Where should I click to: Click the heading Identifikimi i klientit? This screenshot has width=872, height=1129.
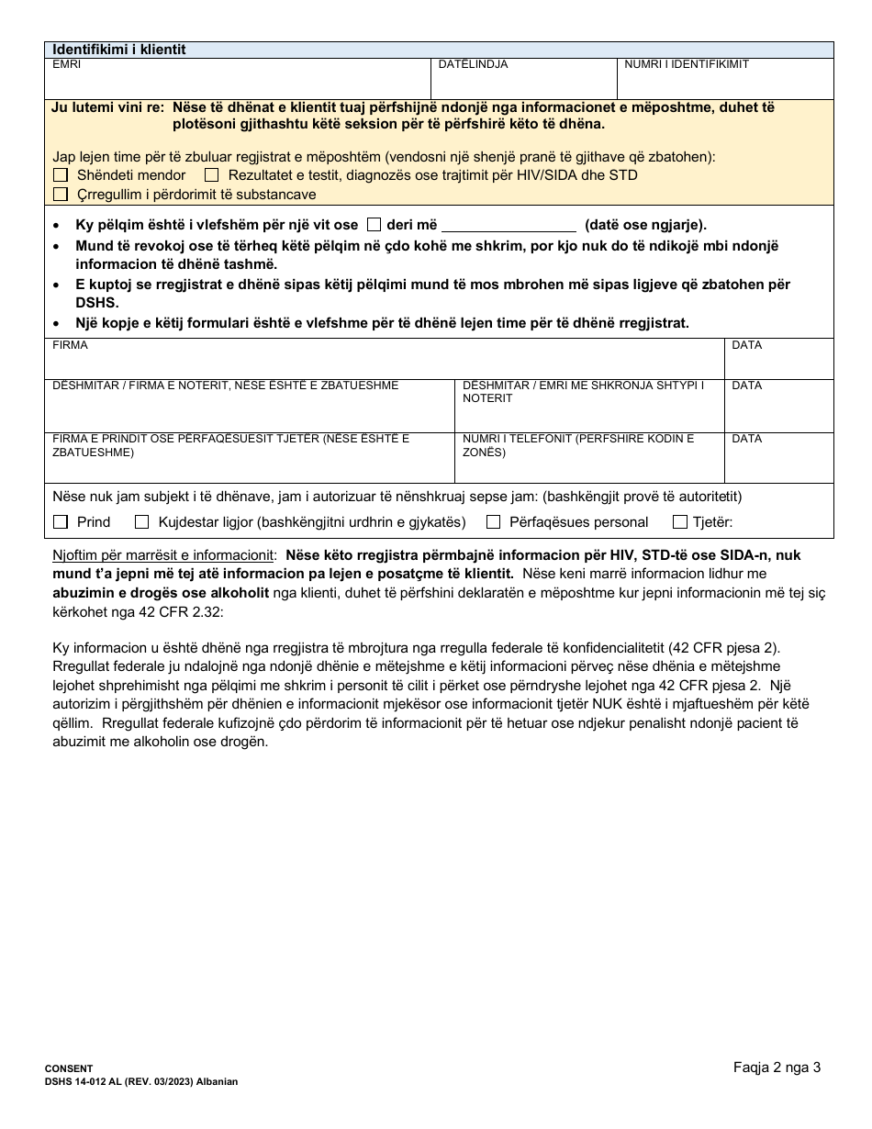click(x=119, y=50)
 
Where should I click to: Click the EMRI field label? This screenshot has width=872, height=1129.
click(x=66, y=65)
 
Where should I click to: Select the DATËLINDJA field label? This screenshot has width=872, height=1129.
click(x=473, y=65)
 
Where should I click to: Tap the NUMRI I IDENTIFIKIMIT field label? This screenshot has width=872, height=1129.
click(x=687, y=65)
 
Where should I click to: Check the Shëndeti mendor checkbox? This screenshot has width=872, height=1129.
click(x=61, y=175)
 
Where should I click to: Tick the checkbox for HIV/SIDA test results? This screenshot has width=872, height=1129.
click(x=212, y=175)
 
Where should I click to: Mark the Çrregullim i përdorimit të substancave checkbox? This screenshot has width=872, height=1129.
click(x=61, y=195)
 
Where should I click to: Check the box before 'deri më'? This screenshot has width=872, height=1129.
click(x=374, y=225)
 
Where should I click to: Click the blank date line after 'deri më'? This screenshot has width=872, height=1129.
click(x=509, y=225)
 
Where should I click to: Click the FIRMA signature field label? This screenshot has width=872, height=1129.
click(x=71, y=346)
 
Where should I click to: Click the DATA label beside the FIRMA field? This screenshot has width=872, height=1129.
click(x=746, y=346)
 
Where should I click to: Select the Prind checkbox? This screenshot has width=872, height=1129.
click(x=61, y=522)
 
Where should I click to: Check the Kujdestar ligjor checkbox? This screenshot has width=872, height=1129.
click(x=141, y=522)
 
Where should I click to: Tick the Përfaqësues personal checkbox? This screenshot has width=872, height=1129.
click(x=493, y=522)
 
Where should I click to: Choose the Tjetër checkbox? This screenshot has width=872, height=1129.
click(x=680, y=522)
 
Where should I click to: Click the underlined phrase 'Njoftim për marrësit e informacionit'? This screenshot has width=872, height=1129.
click(x=163, y=555)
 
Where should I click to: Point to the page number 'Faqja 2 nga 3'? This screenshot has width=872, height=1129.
click(x=777, y=1067)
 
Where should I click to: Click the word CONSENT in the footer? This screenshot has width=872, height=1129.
click(x=69, y=1069)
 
